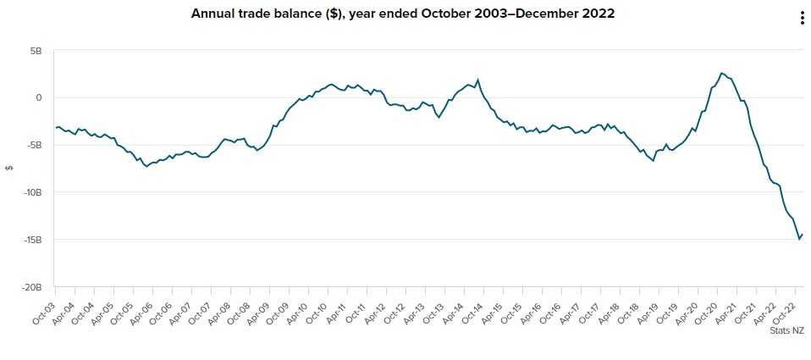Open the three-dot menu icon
click(802, 19)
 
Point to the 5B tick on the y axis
click(36, 51)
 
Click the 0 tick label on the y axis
click(39, 97)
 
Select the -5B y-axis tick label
click(35, 145)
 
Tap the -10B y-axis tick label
click(33, 192)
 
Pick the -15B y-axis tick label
click(33, 240)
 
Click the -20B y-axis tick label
click(33, 287)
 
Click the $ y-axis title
click(8, 168)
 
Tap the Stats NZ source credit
click(786, 331)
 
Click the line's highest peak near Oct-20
click(721, 73)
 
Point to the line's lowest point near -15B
click(799, 239)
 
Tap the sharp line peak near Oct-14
click(478, 80)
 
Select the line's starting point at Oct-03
click(56, 128)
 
